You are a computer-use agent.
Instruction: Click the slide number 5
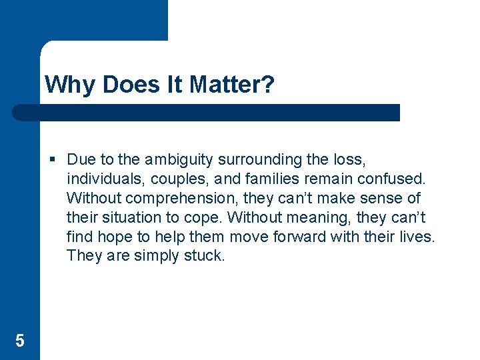coord(19,341)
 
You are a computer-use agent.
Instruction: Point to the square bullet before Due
coord(53,160)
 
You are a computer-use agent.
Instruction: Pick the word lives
coord(417,237)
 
